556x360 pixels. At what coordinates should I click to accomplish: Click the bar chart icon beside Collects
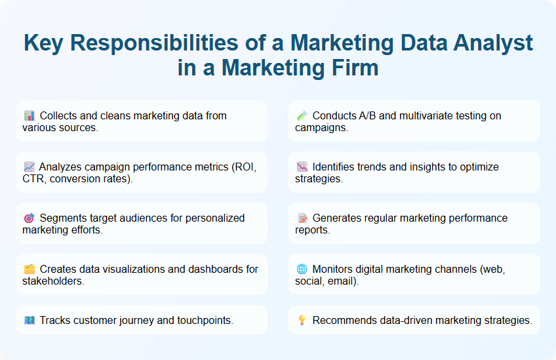tap(29, 116)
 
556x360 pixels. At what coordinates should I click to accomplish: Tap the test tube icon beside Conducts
tap(302, 116)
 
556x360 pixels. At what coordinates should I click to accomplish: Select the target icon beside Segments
tap(29, 218)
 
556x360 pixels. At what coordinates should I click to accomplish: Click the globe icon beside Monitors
tap(302, 270)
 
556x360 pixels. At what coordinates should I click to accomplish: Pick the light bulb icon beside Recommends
tap(302, 321)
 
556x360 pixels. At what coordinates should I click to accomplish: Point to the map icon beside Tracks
tap(29, 321)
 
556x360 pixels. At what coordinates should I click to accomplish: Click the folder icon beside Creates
tap(29, 270)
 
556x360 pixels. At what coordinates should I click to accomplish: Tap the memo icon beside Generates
tap(302, 218)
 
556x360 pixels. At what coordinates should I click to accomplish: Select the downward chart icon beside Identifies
tap(302, 167)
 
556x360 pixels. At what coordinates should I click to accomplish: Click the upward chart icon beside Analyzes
tap(29, 167)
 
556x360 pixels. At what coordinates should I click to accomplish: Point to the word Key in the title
tap(43, 43)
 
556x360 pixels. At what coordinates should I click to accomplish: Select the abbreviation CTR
tap(33, 178)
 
